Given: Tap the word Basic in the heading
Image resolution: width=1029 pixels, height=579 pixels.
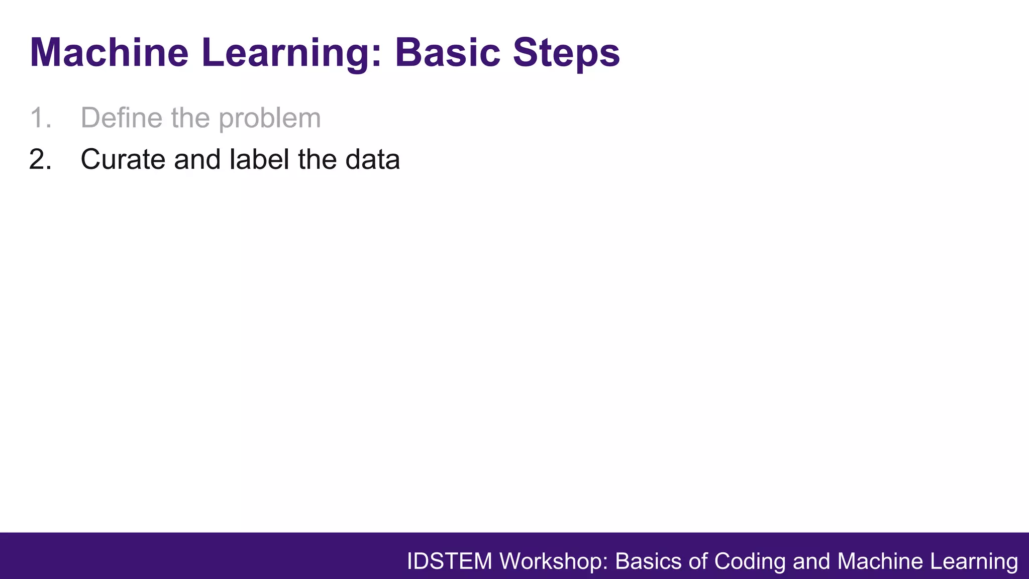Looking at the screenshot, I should [x=447, y=53].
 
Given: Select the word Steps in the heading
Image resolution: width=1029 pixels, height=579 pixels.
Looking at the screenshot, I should [x=566, y=53].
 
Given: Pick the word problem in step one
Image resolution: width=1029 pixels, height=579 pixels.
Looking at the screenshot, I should [x=269, y=118].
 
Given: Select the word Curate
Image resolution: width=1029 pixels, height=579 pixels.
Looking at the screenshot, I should [x=123, y=160].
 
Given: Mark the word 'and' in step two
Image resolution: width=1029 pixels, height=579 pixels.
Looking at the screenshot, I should [x=197, y=160].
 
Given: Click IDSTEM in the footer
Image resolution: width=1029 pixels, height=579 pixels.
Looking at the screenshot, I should [x=449, y=561].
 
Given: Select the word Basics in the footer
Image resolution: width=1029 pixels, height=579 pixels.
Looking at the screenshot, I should [x=648, y=561].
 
